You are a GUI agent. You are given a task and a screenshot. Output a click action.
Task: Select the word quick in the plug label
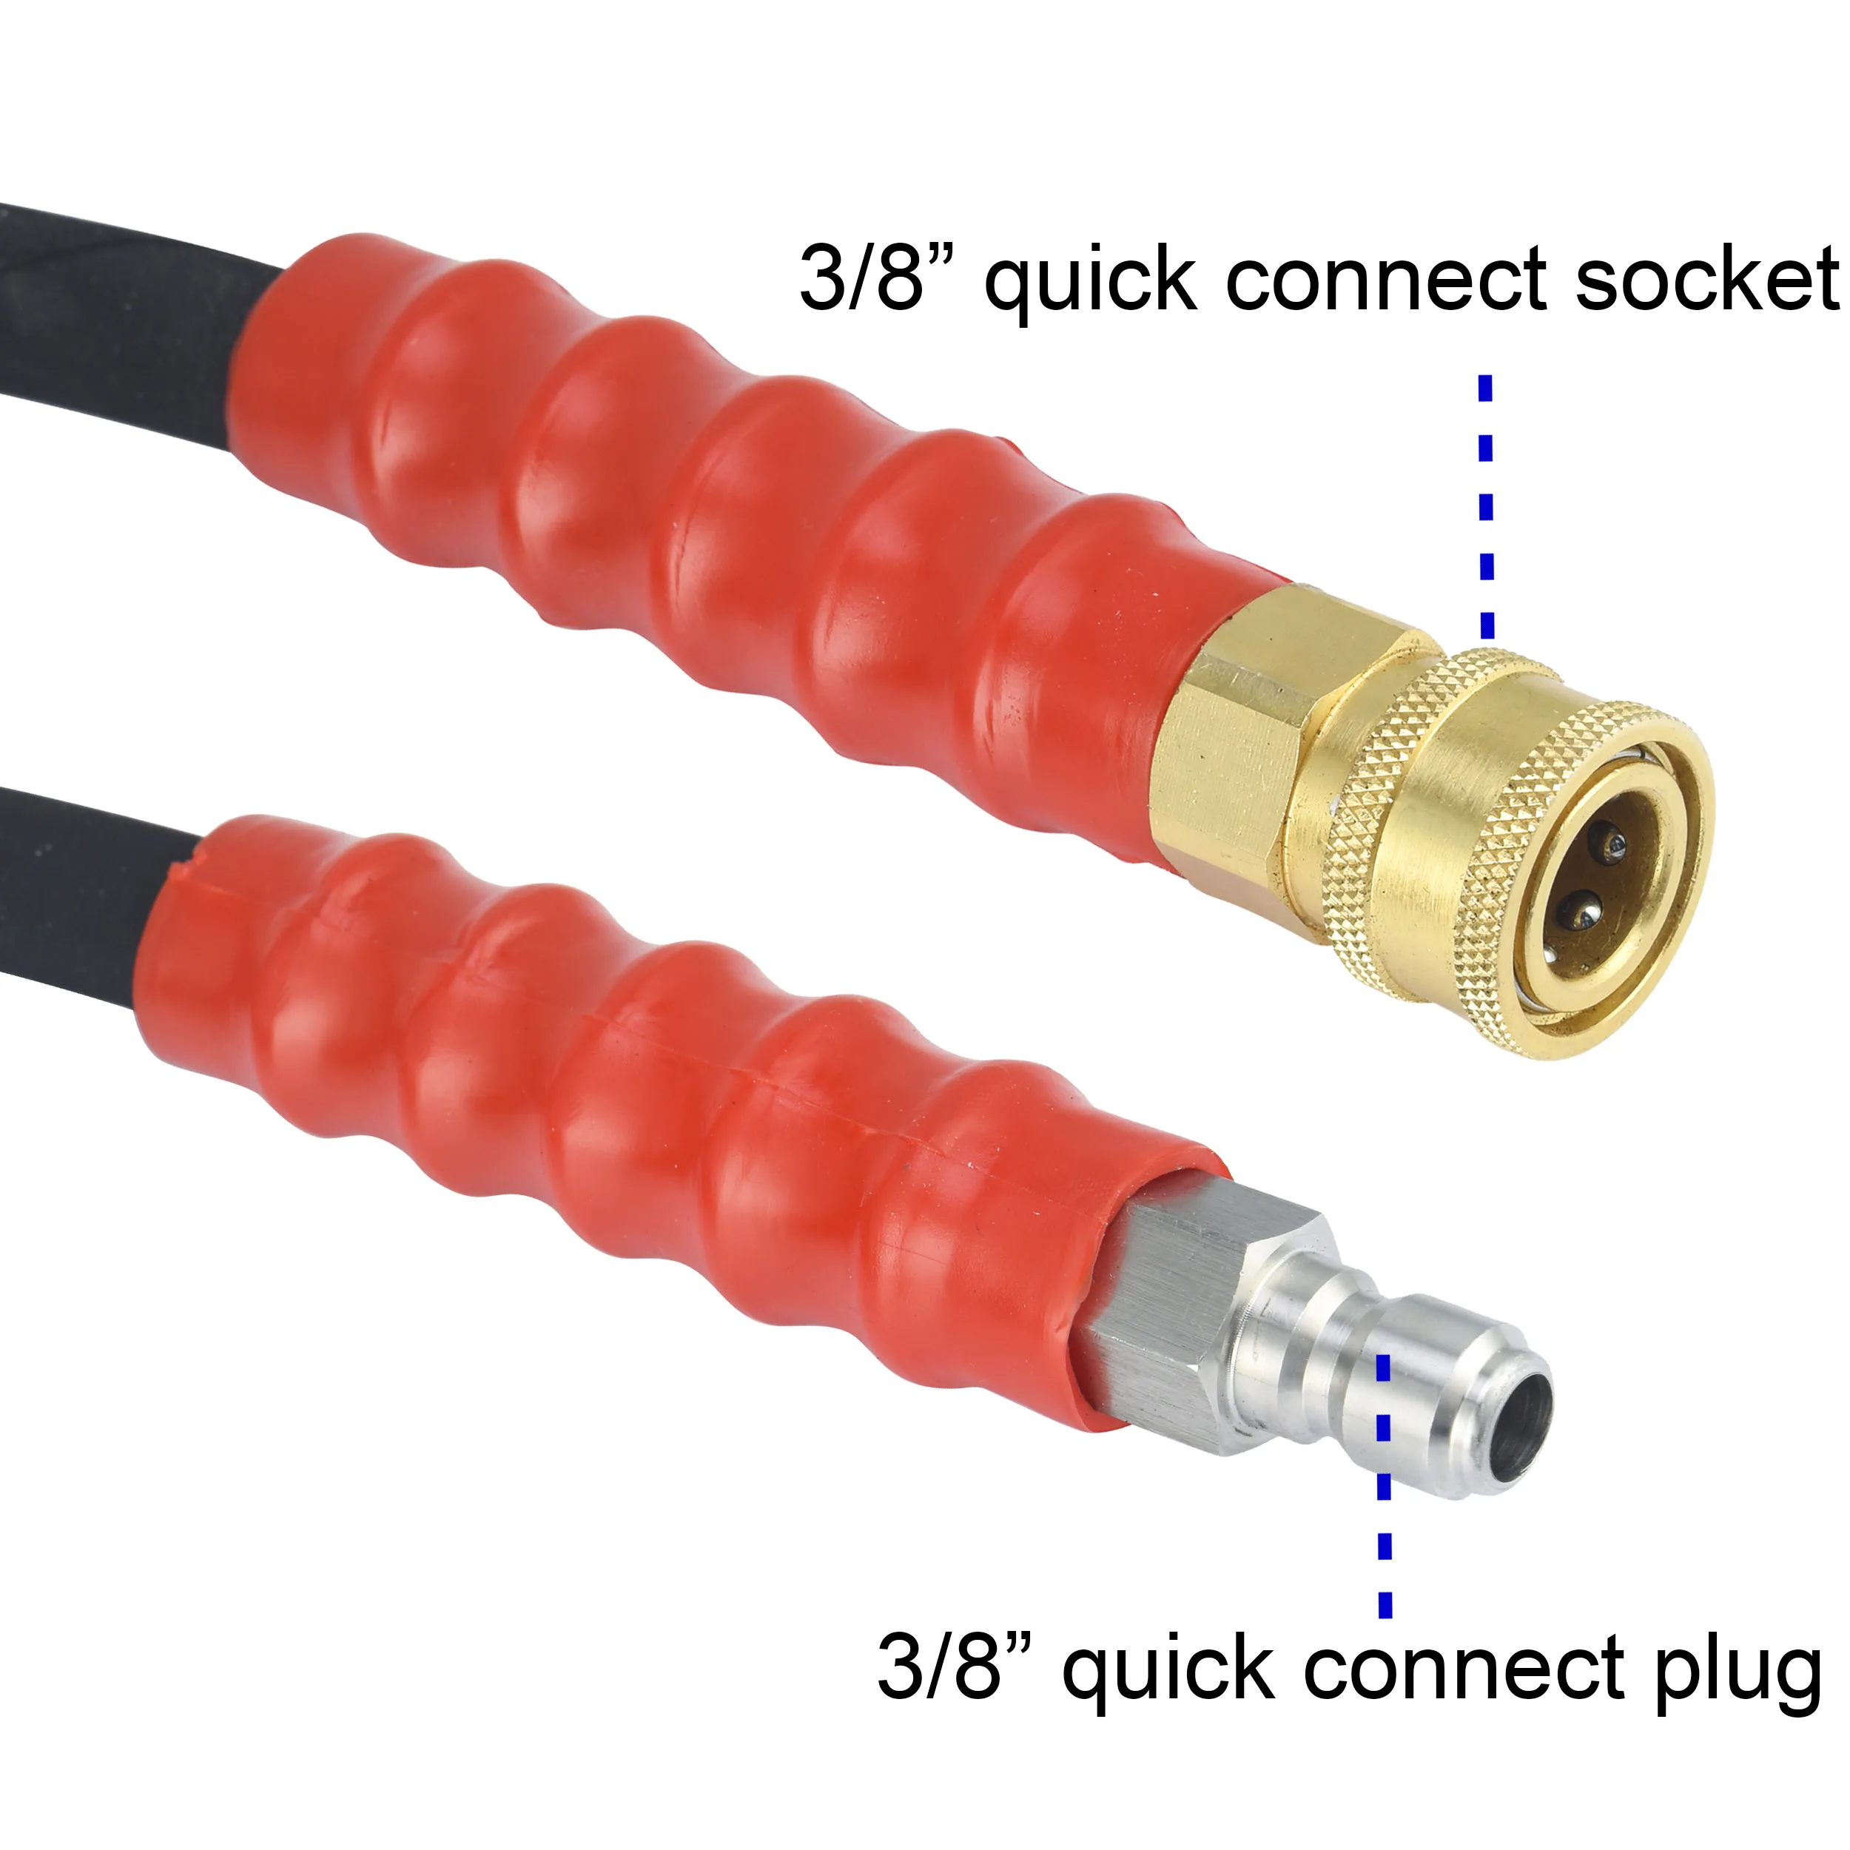click(x=1169, y=1671)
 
